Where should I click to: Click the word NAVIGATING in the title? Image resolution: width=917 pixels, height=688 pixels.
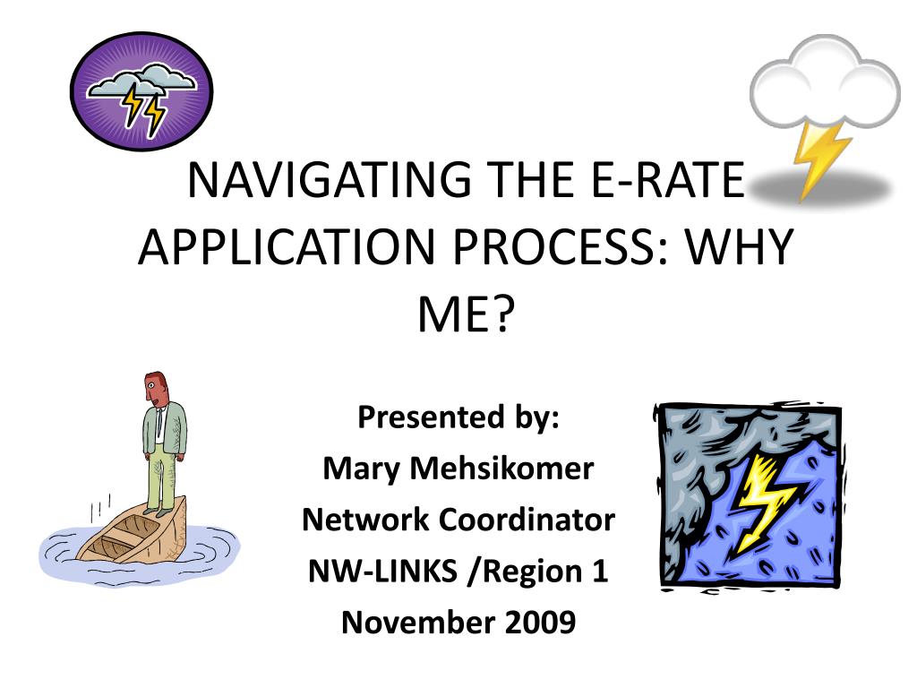[x=330, y=179]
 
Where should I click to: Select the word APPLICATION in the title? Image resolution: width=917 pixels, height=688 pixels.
[x=287, y=246]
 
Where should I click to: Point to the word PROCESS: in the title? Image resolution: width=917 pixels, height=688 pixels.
[x=560, y=246]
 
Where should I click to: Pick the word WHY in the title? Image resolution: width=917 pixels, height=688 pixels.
[x=739, y=246]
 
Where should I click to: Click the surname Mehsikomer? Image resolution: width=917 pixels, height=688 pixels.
[x=501, y=469]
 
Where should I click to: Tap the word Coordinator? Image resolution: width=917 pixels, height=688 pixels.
[x=527, y=520]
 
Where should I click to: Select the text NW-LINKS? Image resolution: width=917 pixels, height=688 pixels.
[x=382, y=571]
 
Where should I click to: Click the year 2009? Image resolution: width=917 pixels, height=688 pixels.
[x=540, y=623]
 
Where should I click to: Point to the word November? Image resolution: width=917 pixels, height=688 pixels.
[x=417, y=623]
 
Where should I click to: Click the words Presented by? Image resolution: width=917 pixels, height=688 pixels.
[x=458, y=417]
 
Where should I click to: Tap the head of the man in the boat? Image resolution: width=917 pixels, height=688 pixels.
[x=156, y=388]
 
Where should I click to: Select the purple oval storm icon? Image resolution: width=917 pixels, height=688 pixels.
[x=141, y=90]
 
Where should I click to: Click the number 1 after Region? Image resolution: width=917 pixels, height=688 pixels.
[x=599, y=571]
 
